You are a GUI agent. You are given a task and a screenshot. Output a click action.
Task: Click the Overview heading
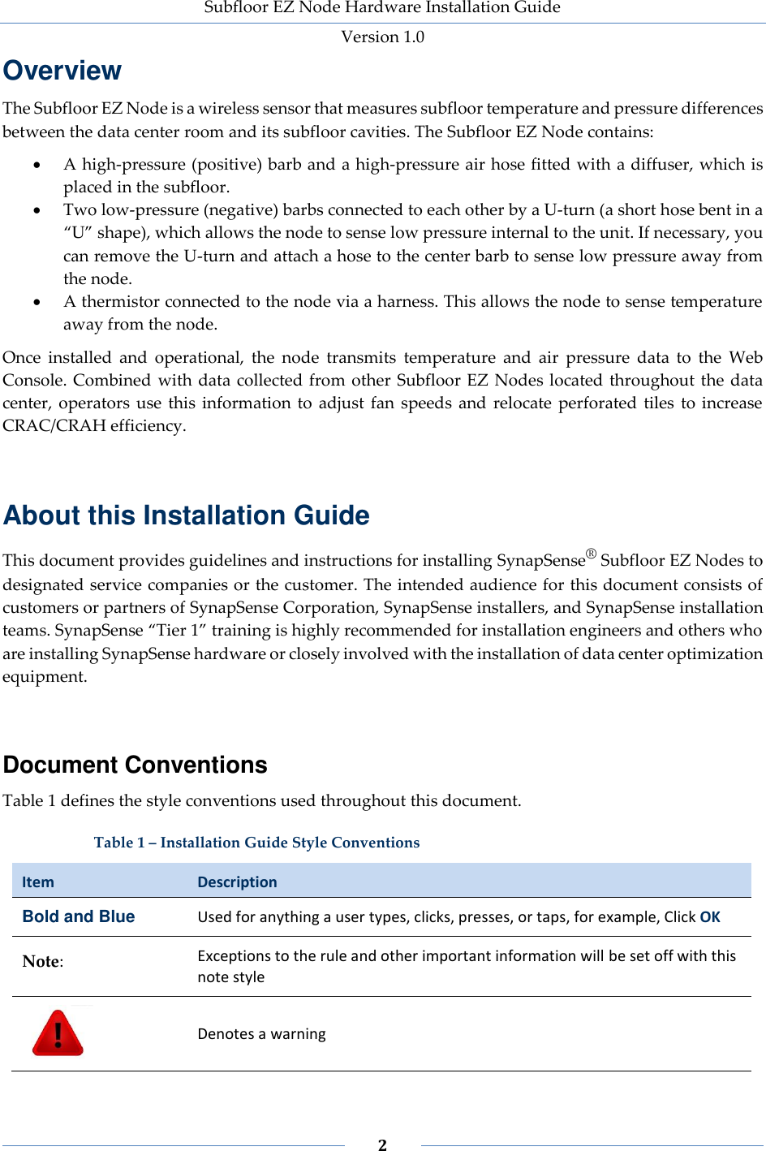[x=62, y=71]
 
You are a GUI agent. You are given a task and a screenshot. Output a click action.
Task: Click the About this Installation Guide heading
[x=187, y=515]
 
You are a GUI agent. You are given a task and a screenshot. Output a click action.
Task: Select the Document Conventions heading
[x=136, y=765]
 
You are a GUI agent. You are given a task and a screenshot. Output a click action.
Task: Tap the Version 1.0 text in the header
[x=382, y=37]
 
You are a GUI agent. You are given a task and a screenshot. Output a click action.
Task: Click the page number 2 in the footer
[x=382, y=1145]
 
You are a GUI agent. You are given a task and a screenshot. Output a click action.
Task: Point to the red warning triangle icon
[x=58, y=1033]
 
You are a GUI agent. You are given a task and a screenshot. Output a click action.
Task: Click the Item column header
[x=38, y=882]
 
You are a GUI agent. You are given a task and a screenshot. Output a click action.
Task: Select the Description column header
[x=237, y=882]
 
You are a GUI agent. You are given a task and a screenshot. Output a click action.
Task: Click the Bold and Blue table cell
[x=79, y=916]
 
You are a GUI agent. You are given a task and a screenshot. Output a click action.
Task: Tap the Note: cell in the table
[x=43, y=961]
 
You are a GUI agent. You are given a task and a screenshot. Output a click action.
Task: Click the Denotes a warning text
[x=261, y=1033]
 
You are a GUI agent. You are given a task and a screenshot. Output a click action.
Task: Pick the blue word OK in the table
[x=710, y=916]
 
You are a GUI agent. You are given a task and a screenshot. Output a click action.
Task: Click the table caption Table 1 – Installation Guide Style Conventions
[x=256, y=843]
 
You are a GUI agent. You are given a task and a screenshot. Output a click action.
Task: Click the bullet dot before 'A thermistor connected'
[x=37, y=302]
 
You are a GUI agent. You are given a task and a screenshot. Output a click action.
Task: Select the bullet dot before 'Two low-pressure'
[x=37, y=210]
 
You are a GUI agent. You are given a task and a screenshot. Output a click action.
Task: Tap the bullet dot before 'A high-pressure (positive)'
[x=37, y=165]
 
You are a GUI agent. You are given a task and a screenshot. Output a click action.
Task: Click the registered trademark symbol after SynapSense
[x=591, y=554]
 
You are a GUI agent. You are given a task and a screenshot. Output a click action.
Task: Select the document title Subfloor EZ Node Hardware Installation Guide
[x=382, y=8]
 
